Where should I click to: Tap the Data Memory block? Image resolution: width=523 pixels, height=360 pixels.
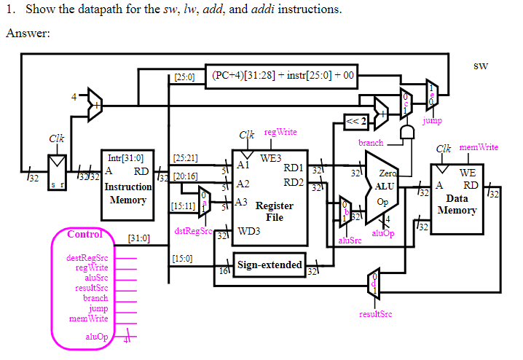click(457, 199)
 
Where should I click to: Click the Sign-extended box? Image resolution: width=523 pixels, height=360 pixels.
click(269, 265)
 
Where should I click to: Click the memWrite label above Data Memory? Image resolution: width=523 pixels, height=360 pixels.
click(477, 147)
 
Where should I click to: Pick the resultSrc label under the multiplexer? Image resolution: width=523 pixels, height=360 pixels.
click(375, 314)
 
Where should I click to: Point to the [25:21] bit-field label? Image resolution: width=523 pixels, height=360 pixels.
click(185, 157)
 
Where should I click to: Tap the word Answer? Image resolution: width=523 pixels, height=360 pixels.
click(27, 34)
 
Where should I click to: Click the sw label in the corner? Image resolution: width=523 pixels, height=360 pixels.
click(480, 66)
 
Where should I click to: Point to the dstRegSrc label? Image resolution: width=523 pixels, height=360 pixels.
click(192, 232)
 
